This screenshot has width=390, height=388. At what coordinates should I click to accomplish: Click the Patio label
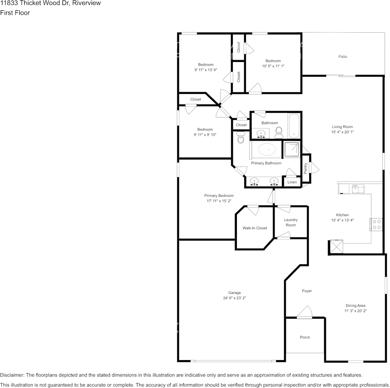(x=342, y=57)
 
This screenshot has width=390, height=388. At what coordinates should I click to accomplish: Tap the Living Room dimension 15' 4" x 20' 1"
(x=342, y=132)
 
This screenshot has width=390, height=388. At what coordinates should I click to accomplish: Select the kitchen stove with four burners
(x=376, y=224)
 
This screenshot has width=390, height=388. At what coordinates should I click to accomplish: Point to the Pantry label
(x=305, y=168)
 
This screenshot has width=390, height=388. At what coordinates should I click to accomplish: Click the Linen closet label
(x=292, y=182)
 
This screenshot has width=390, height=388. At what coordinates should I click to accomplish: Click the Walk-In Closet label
(x=255, y=228)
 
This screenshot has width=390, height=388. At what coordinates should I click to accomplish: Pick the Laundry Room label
(x=291, y=222)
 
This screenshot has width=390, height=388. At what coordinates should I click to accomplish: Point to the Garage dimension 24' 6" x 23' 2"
(x=234, y=298)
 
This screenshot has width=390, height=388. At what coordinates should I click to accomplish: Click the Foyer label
(x=307, y=291)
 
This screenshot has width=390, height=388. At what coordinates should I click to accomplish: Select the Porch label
(x=305, y=337)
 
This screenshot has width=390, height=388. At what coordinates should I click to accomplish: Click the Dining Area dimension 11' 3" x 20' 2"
(x=355, y=311)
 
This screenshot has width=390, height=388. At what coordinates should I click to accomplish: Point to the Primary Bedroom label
(x=219, y=196)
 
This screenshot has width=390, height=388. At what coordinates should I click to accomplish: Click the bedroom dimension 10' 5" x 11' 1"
(x=273, y=66)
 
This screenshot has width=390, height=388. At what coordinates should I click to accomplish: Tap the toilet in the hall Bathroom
(x=279, y=131)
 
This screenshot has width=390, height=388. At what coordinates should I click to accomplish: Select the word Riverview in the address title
(x=87, y=3)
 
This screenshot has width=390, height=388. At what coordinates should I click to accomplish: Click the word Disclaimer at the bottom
(x=12, y=375)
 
